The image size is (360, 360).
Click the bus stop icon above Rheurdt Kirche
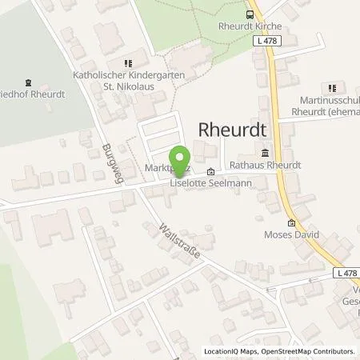250,14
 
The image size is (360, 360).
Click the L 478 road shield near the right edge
346,274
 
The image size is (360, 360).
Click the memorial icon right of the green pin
211,171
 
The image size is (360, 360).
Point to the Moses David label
291,235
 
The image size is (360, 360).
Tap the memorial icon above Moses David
291,223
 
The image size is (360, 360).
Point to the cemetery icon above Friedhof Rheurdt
29,81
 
